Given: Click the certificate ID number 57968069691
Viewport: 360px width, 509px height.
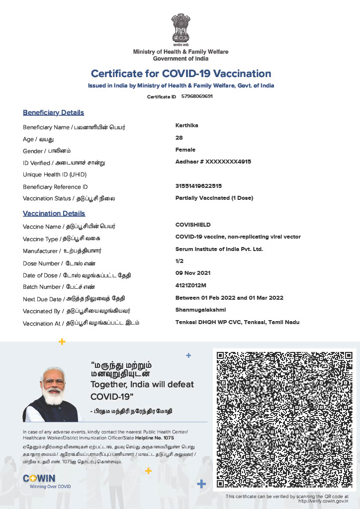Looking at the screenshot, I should pyautogui.click(x=197, y=96).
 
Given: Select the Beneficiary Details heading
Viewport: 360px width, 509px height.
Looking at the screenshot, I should pyautogui.click(x=53, y=113).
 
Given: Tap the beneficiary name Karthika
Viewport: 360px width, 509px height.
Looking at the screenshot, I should pyautogui.click(x=187, y=125).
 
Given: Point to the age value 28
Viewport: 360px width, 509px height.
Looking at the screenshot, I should pyautogui.click(x=179, y=138).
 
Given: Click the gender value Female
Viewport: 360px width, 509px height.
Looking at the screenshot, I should pyautogui.click(x=185, y=150).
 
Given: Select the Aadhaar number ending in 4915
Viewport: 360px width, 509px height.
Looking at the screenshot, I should pyautogui.click(x=213, y=162).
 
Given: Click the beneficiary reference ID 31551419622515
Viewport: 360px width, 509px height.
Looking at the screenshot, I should pyautogui.click(x=198, y=186).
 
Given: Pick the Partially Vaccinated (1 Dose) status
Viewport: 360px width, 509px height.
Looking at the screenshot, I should pyautogui.click(x=214, y=198).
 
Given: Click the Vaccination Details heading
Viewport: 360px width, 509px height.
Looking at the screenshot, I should pyautogui.click(x=54, y=214).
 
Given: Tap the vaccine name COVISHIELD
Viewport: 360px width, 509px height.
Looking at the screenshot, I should pyautogui.click(x=193, y=225).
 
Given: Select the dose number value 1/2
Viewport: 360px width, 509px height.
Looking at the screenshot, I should pyautogui.click(x=179, y=261).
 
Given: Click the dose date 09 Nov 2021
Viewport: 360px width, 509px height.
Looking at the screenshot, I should pyautogui.click(x=192, y=273).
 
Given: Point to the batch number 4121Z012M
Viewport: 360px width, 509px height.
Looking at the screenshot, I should pyautogui.click(x=190, y=285).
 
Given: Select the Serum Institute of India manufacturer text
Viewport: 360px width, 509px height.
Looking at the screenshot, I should pyautogui.click(x=219, y=249).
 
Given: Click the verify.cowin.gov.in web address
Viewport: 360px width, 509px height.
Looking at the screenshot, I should pyautogui.click(x=323, y=502).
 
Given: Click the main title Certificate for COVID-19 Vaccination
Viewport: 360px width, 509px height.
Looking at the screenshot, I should pyautogui.click(x=181, y=74).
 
